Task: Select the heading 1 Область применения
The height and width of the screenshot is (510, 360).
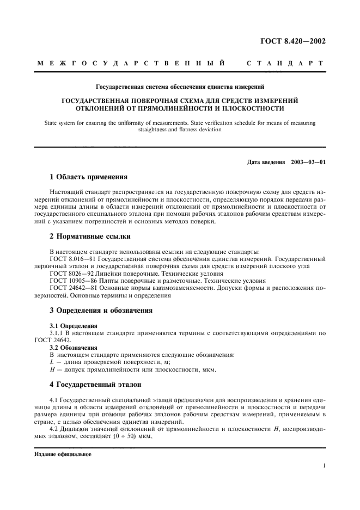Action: (x=88, y=177)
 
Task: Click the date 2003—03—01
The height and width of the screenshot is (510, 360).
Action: (x=308, y=162)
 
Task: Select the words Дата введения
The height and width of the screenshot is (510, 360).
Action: (x=266, y=162)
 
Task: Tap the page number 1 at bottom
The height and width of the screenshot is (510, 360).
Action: (x=324, y=466)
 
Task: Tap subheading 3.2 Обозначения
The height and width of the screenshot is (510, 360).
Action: (x=70, y=347)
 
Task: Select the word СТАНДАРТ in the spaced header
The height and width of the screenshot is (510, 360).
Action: (x=286, y=64)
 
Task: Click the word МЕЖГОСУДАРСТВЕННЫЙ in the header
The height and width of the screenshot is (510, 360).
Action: (x=131, y=64)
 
